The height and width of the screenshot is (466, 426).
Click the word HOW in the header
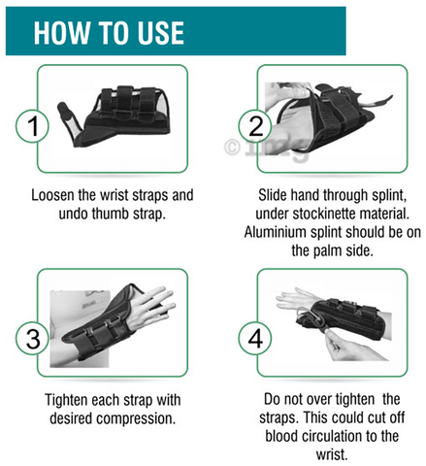point(61,32)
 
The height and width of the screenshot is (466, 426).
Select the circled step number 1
point(32,126)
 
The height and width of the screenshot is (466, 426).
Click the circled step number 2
point(255,126)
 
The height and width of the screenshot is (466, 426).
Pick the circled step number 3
point(32,339)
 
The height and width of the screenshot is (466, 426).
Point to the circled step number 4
point(255,339)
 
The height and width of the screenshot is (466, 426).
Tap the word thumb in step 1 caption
point(106,214)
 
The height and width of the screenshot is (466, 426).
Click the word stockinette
point(324,214)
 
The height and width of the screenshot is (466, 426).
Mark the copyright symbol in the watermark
point(233,148)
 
